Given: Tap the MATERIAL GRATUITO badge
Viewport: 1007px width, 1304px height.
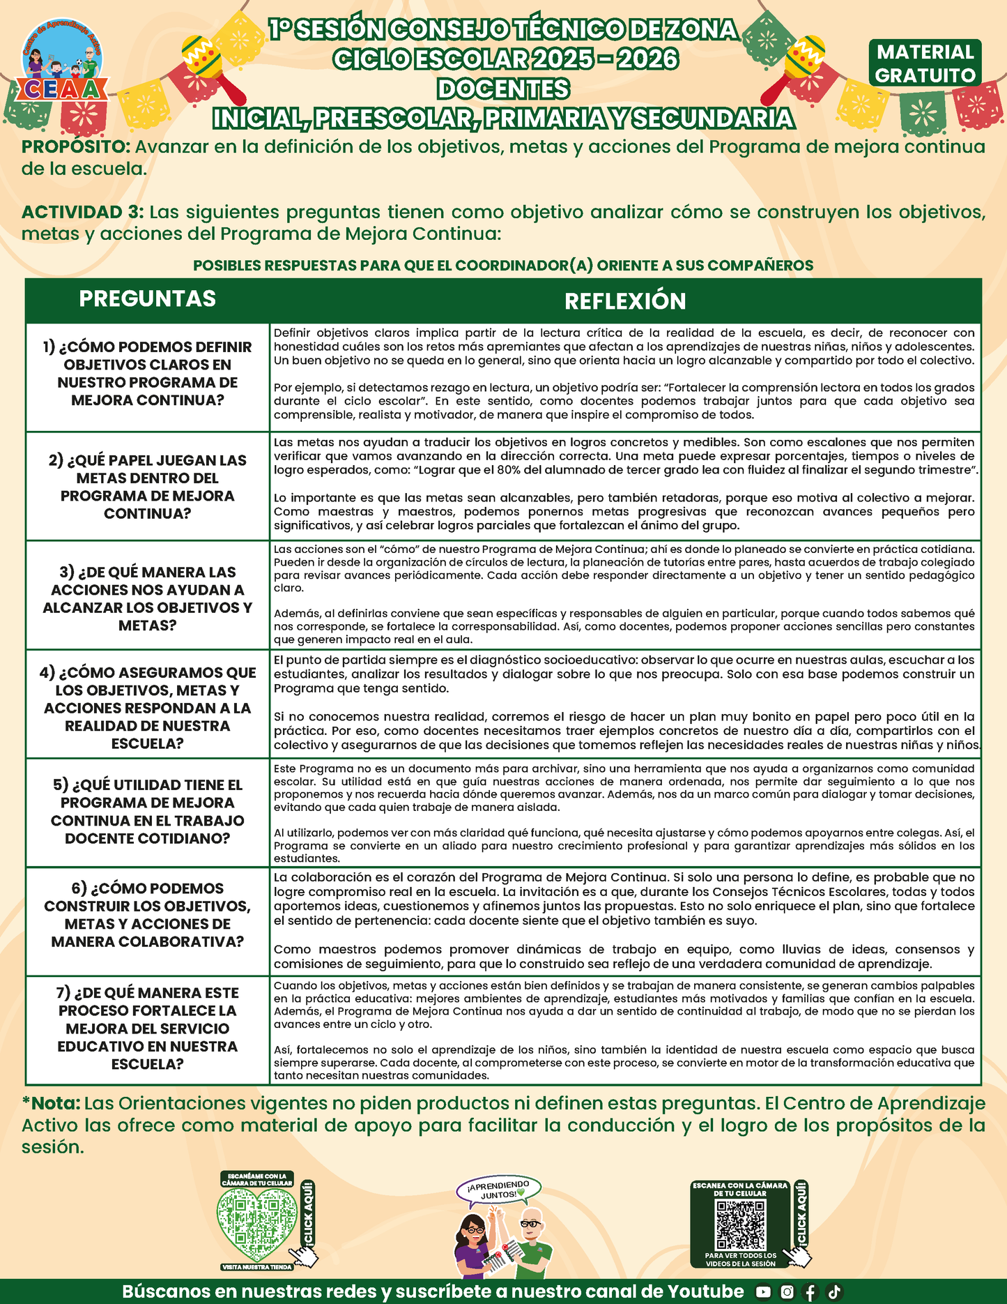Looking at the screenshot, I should (925, 63).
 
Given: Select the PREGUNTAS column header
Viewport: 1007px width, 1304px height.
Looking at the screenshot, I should (147, 298).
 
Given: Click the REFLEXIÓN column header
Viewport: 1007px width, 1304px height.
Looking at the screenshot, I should (625, 301).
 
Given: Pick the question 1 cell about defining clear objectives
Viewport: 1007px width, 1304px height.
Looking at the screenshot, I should (148, 374).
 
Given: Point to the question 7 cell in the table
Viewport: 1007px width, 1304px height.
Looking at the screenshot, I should (148, 1028).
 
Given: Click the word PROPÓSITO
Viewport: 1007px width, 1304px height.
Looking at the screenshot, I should (75, 147).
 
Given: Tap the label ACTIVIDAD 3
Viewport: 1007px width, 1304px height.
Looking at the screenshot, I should (82, 212).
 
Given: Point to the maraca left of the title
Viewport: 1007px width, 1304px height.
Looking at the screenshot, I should (209, 66).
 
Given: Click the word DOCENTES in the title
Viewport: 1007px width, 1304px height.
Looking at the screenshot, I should (503, 89).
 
